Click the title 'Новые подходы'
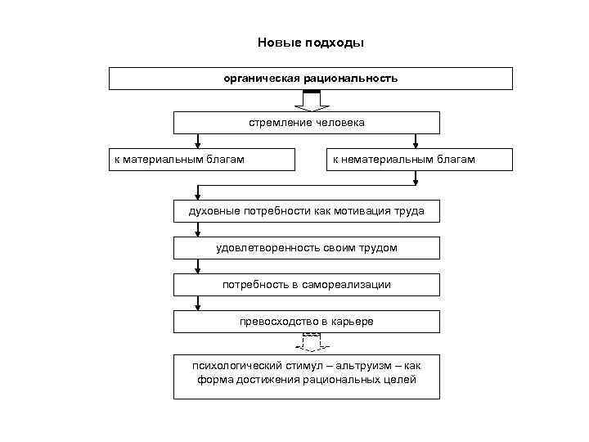[x=310, y=43]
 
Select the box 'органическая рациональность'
[x=311, y=79]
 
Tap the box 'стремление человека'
[x=306, y=123]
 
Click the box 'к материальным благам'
[x=202, y=160]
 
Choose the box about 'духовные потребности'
[x=306, y=211]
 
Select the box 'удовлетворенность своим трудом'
[x=306, y=248]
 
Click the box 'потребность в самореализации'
[x=306, y=285]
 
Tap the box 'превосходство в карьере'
[x=306, y=322]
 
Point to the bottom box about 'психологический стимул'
[x=306, y=376]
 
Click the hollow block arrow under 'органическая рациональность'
[x=311, y=101]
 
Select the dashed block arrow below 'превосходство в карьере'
[x=311, y=343]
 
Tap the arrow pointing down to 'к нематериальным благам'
[x=416, y=141]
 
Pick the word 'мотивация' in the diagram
[x=365, y=211]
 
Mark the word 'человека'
[x=340, y=123]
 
